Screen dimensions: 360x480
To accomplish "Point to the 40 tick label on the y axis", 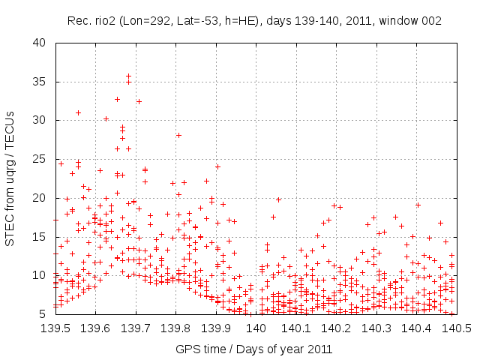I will [40, 42].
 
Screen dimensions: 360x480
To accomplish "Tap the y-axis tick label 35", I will [40, 81].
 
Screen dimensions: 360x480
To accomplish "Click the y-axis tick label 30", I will [40, 120].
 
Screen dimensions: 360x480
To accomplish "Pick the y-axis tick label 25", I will [40, 159].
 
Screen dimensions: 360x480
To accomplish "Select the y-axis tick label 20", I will [40, 197].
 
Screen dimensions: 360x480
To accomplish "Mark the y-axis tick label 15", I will [40, 236].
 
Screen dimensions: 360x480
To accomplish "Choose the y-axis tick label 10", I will [40, 275].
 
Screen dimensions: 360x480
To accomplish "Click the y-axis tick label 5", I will [43, 314].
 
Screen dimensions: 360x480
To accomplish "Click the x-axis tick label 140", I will [256, 328].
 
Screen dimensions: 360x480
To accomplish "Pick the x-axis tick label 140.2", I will [336, 328].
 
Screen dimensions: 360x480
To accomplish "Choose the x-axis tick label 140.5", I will [456, 328].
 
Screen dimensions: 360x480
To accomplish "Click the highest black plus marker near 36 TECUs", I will [128, 76].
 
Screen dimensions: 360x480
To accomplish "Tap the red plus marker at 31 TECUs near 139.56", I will [78, 112].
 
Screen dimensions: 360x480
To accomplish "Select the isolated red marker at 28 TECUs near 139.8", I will [178, 135].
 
